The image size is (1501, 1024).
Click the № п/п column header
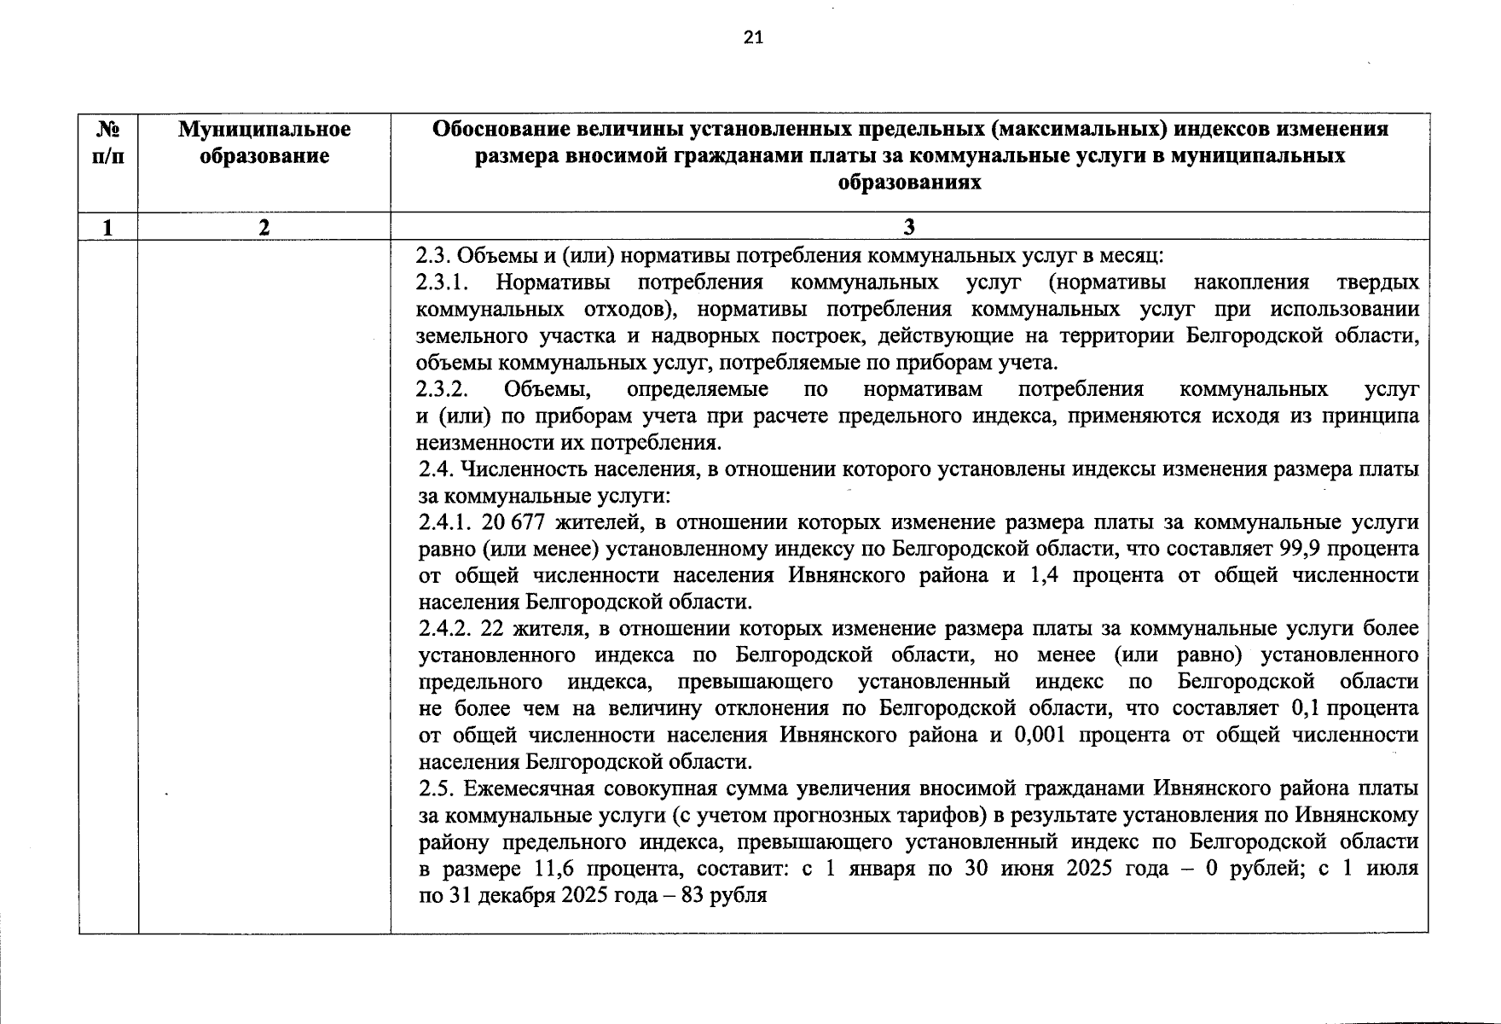point(107,143)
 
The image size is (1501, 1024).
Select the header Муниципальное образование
point(264,143)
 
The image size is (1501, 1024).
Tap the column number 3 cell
point(909,226)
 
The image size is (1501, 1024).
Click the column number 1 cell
point(107,227)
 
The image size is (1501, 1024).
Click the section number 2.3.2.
point(442,389)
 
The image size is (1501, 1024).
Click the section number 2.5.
point(436,788)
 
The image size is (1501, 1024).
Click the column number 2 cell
point(264,227)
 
